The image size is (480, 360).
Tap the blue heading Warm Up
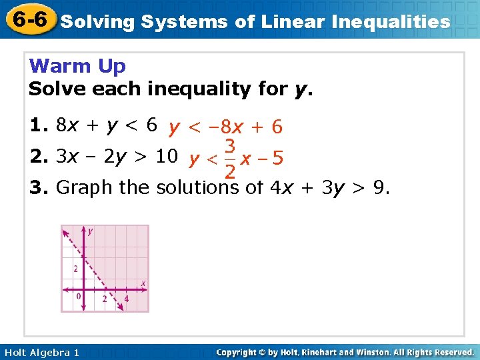[78, 67]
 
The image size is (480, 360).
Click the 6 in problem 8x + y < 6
[152, 125]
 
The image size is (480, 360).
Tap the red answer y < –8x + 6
[225, 127]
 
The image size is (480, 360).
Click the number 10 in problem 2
[166, 157]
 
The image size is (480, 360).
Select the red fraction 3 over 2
[229, 159]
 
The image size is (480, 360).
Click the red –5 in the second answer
[272, 159]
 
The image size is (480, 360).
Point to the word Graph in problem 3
[85, 188]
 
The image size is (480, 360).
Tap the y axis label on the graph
[90, 231]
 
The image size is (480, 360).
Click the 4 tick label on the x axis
[126, 299]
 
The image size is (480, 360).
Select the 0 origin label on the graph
[78, 296]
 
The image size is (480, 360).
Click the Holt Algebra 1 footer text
[41, 352]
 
